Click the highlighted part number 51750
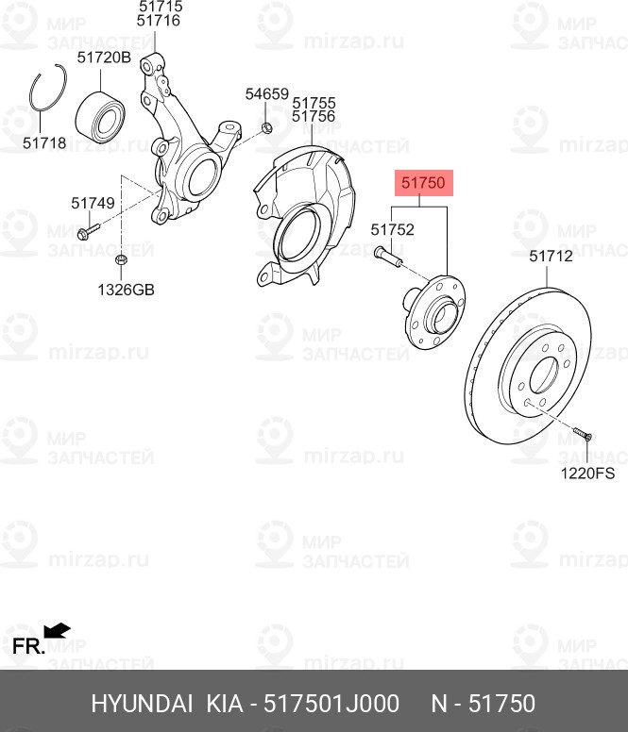point(423,184)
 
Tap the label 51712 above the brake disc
point(551,256)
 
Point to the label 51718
point(44,143)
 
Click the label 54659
point(266,94)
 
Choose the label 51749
point(93,202)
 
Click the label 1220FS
point(587,474)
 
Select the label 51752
point(392,228)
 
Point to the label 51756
point(314,116)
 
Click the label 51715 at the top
point(159,6)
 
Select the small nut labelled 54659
point(266,126)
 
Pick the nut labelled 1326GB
point(121,259)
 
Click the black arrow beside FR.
point(58,629)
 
